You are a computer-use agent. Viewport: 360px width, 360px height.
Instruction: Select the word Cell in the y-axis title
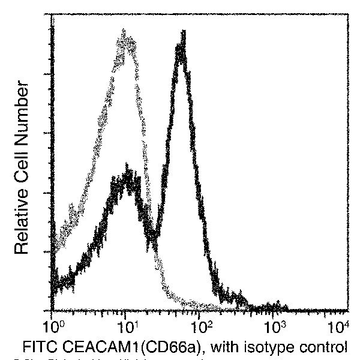(22, 158)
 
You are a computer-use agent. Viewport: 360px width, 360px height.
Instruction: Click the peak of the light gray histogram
(125, 33)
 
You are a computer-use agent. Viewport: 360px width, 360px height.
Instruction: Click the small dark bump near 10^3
(276, 303)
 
